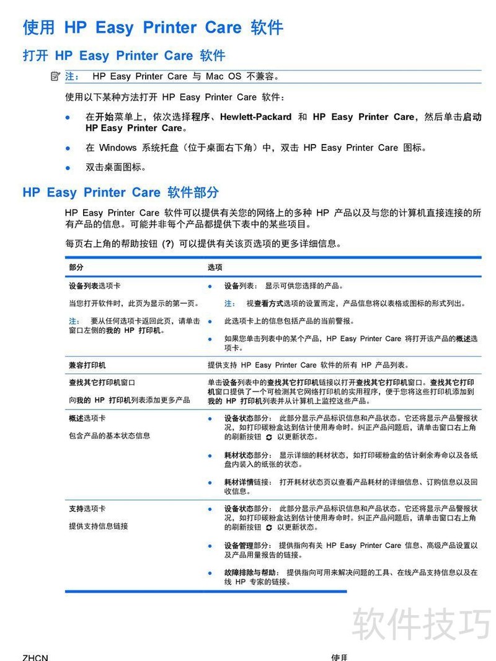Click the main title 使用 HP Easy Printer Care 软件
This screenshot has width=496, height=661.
(153, 27)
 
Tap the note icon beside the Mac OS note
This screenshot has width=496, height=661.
(55, 76)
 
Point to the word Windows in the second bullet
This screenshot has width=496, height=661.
(117, 148)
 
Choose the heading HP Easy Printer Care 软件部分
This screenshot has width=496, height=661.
(120, 192)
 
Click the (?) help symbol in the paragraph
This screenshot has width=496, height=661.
(167, 244)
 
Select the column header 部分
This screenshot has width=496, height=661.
(76, 267)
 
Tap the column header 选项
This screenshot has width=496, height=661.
(215, 267)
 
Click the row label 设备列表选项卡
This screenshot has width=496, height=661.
(94, 286)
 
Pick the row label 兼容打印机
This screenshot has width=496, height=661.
(87, 365)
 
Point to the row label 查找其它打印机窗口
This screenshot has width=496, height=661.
(102, 383)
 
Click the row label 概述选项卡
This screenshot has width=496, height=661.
(87, 418)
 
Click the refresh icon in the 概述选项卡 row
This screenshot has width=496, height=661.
(268, 437)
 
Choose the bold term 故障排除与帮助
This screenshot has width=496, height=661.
(250, 573)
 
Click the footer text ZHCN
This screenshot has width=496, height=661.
(35, 657)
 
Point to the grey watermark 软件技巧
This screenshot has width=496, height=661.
(421, 624)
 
